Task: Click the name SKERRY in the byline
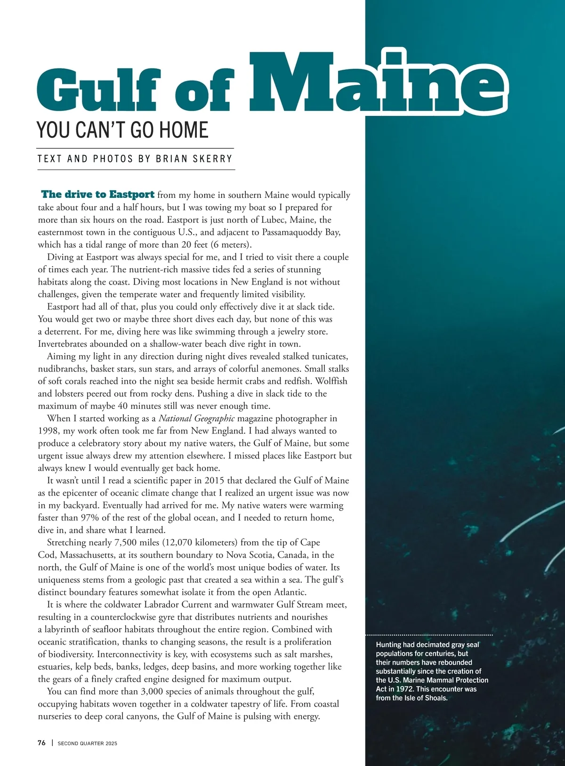213,159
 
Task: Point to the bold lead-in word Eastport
132,195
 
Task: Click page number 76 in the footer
41,743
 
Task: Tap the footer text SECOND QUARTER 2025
87,743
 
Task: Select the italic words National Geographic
196,418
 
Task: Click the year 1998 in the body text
48,431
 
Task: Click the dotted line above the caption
429,635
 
